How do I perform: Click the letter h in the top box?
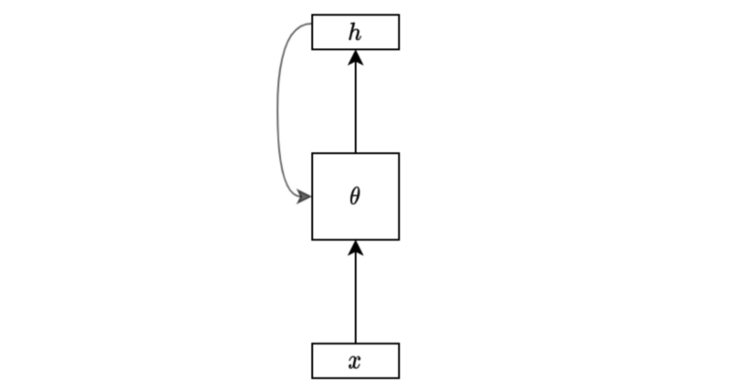[x=355, y=33]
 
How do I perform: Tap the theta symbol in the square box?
[x=355, y=196]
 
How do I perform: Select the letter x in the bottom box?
[x=355, y=361]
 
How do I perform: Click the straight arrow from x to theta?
[x=356, y=292]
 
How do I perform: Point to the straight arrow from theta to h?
[x=356, y=101]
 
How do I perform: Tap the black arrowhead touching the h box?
[x=356, y=57]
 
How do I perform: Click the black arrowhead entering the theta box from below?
[x=356, y=247]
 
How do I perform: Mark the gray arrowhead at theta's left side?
[x=305, y=197]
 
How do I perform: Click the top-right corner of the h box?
[x=399, y=15]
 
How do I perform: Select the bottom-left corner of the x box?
[x=312, y=378]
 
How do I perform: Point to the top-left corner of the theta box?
[x=312, y=153]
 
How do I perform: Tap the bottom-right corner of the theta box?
[x=399, y=240]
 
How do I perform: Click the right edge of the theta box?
[x=399, y=196]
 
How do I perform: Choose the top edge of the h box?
[x=356, y=15]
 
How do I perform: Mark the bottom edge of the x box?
[x=356, y=378]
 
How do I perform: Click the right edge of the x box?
[x=399, y=361]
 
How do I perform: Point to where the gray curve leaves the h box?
[x=312, y=24]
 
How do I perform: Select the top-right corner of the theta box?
[x=399, y=153]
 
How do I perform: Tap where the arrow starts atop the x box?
[x=356, y=344]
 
